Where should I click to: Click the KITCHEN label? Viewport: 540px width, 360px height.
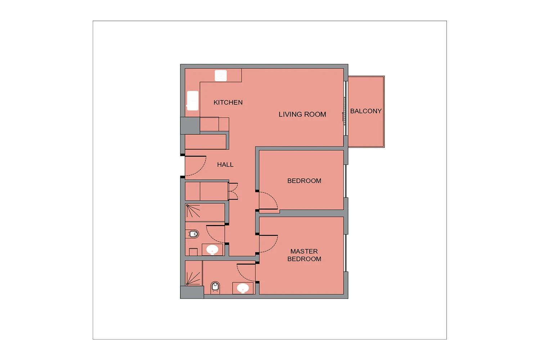click(228, 103)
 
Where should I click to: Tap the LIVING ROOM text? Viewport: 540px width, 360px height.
click(302, 114)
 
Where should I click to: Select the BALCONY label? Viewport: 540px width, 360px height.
click(366, 111)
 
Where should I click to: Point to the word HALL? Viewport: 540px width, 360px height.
click(225, 165)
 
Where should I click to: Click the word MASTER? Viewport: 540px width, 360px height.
click(304, 251)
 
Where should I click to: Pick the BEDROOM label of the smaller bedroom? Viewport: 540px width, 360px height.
click(304, 181)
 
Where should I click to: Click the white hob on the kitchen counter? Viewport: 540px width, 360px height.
click(221, 76)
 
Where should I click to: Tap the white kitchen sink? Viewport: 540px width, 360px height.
click(193, 100)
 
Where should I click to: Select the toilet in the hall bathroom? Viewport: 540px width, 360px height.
click(193, 234)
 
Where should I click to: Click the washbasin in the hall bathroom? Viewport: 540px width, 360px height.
click(212, 249)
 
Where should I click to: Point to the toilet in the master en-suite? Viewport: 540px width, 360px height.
click(215, 287)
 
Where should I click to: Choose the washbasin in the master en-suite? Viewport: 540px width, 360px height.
click(243, 288)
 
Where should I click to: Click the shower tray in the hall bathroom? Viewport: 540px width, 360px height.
click(205, 212)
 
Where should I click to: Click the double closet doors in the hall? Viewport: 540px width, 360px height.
click(233, 191)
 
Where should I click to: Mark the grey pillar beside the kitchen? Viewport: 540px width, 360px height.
click(190, 125)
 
